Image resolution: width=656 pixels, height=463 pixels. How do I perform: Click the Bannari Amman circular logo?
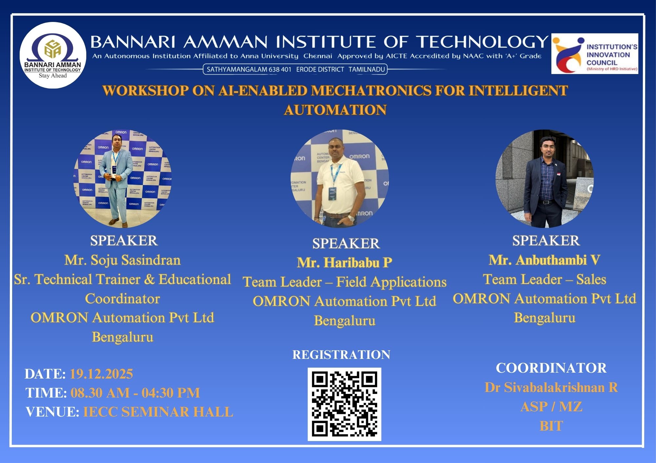coord(53,55)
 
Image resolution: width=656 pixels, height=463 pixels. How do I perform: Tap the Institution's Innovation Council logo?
coord(595,53)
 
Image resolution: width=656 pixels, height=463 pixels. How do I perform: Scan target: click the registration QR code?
coord(344,404)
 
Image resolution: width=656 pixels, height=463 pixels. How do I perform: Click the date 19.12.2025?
coord(101,374)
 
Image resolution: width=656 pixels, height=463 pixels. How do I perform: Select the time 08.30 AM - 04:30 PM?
coord(135,393)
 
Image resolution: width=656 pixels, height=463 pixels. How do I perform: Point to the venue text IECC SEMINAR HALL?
coord(158,412)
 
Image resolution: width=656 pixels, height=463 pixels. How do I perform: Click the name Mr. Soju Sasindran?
coord(123,260)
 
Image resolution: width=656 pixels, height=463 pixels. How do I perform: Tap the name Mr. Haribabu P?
coord(345,263)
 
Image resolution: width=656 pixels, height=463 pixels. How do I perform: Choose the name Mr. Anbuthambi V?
coord(544,260)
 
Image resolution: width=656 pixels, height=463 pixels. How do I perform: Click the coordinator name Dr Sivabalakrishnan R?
coord(551,387)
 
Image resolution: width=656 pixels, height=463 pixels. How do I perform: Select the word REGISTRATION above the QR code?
coord(341,355)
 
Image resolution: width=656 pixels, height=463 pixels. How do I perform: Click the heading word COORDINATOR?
coord(551,368)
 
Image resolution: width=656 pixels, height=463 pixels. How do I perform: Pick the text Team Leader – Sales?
coord(544,279)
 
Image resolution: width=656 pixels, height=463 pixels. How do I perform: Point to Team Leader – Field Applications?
coord(345,282)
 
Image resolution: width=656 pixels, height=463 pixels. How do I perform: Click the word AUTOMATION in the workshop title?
coord(335,110)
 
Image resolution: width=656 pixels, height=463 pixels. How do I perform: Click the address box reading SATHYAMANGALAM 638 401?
coord(295,69)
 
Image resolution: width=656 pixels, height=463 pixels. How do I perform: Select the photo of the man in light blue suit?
coord(122,179)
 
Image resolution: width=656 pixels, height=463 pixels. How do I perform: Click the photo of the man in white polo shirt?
coord(340,179)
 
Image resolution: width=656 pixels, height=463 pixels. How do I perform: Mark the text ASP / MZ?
coord(551,407)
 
